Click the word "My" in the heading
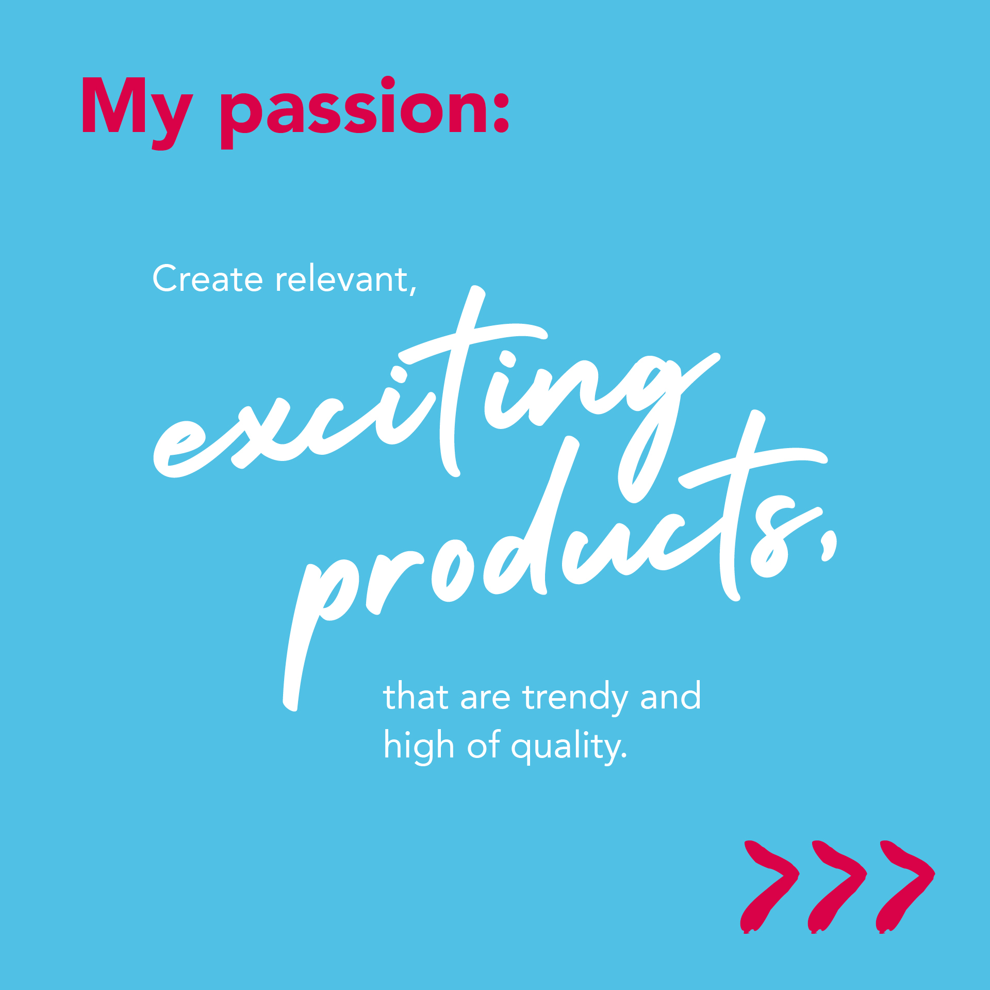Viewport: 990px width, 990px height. click(137, 112)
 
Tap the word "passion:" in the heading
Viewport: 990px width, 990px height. click(365, 112)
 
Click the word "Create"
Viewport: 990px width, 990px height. click(208, 278)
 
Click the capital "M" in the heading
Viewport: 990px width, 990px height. click(114, 105)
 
